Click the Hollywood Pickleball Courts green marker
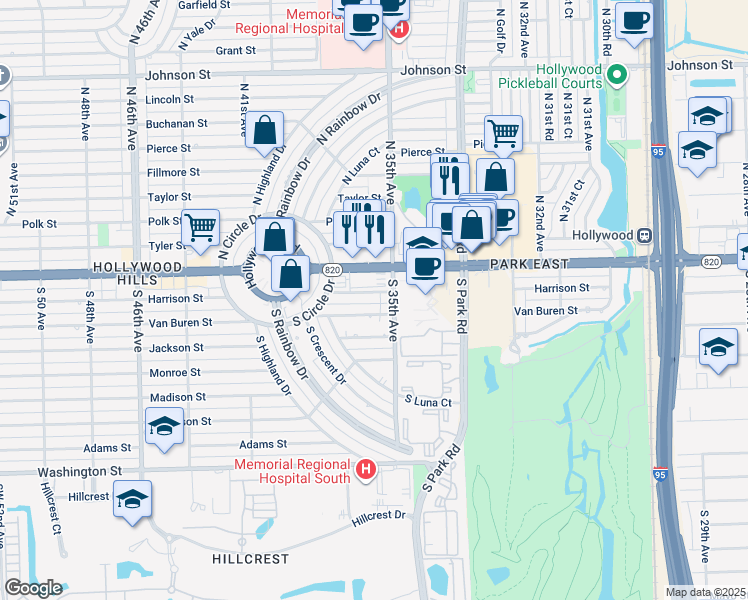(x=617, y=74)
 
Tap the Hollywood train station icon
(x=645, y=235)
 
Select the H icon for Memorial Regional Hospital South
(x=366, y=469)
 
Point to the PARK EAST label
(x=529, y=264)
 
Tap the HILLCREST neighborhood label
(x=251, y=559)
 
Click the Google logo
(x=33, y=588)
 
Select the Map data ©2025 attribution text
(x=706, y=592)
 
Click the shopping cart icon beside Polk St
(x=201, y=229)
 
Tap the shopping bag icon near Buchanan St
(x=265, y=130)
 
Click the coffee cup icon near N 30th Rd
(x=634, y=20)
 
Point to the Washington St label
(x=79, y=471)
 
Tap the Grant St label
(x=235, y=50)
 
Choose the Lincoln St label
(x=169, y=100)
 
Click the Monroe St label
(x=174, y=372)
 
